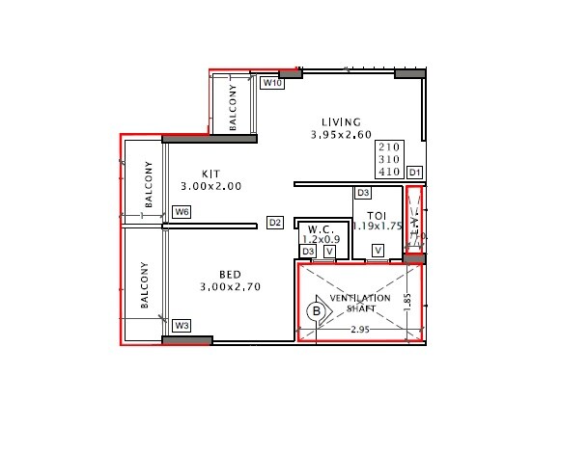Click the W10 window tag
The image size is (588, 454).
point(273,84)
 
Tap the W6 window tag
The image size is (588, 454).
point(181,212)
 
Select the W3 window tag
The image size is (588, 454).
point(181,325)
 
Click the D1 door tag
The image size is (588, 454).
point(414,172)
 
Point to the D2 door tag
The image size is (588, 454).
point(275,223)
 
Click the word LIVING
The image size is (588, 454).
point(341,122)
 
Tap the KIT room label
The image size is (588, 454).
point(211,174)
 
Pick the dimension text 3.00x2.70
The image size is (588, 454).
point(231,286)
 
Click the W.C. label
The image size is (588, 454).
point(319,229)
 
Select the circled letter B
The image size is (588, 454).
point(315,311)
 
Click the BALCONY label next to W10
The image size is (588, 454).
point(233,106)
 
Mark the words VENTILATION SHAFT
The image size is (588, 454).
point(360,304)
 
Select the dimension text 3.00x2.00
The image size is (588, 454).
point(210,186)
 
